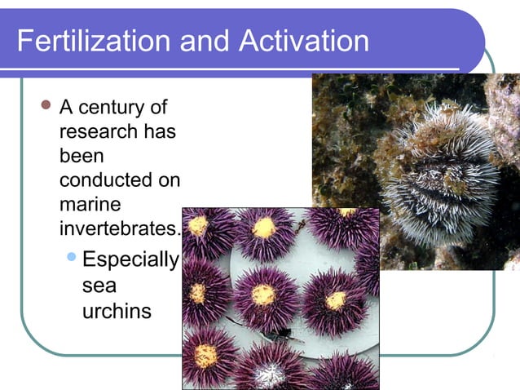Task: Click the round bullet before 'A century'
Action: (x=46, y=105)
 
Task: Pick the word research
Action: (x=95, y=131)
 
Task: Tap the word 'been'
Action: (x=82, y=155)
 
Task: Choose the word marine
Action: (x=87, y=202)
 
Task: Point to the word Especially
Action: (x=130, y=260)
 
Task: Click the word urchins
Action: (x=117, y=311)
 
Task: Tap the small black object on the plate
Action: (x=282, y=334)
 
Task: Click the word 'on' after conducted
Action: (x=170, y=179)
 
